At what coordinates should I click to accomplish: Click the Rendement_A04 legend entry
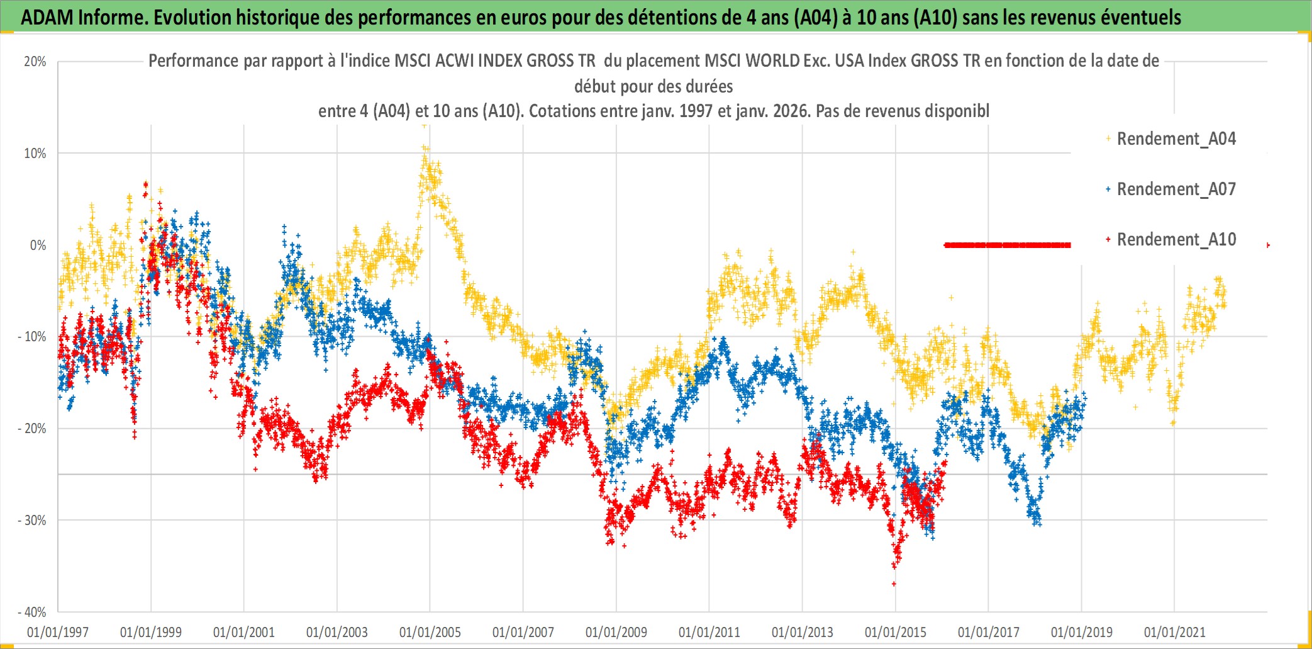point(1176,139)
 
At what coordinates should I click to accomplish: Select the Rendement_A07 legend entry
point(1176,189)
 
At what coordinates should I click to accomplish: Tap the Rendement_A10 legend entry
point(1176,240)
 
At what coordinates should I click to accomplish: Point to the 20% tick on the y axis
point(35,62)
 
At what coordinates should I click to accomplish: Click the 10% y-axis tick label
point(35,154)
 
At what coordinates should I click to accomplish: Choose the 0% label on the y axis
point(38,245)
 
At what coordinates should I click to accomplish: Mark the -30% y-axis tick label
point(32,521)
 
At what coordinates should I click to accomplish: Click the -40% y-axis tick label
point(32,612)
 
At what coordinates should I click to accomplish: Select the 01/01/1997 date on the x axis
point(58,632)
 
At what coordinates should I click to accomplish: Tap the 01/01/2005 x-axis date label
point(430,632)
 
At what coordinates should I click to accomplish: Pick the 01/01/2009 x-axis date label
point(616,632)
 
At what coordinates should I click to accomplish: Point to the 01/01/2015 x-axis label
point(896,632)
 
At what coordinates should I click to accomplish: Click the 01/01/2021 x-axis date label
point(1175,632)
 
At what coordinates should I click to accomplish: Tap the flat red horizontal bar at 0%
point(1007,245)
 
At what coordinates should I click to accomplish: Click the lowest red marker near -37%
point(894,584)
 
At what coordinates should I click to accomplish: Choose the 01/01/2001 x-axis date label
point(244,632)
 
